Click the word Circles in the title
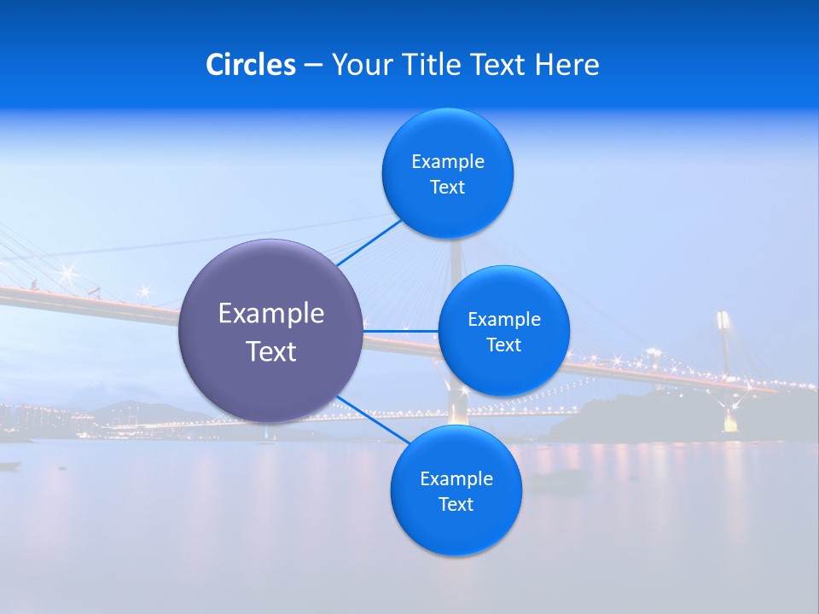coord(251,65)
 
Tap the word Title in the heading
coord(433,65)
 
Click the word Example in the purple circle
coord(271,314)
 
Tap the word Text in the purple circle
coord(271,351)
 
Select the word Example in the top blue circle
coord(448,162)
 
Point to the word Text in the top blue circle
coord(447,188)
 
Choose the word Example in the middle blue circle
coord(504,320)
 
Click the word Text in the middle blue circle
coord(503,345)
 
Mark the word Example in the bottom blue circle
coord(456,479)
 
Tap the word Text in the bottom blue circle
coord(456,505)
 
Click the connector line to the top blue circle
coord(369,243)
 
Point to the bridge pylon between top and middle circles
coord(456,256)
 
